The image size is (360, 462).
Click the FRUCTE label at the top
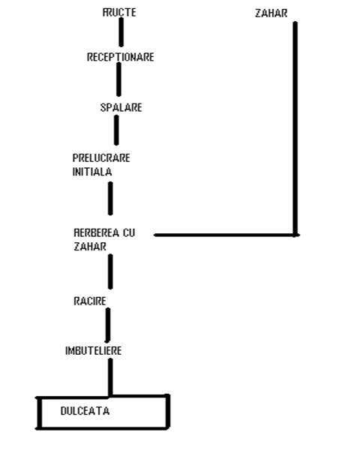click(119, 12)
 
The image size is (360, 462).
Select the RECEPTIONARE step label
click(121, 57)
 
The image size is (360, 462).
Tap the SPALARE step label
click(121, 107)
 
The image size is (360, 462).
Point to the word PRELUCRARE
click(101, 158)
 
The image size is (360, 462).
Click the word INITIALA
click(92, 172)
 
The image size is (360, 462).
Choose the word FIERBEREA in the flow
click(96, 232)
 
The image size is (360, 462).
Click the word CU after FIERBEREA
click(129, 232)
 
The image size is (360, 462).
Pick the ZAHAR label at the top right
click(271, 13)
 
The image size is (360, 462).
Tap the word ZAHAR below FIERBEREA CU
click(90, 247)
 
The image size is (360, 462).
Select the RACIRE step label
click(90, 301)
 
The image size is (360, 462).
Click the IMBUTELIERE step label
click(94, 351)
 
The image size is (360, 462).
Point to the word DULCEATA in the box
click(85, 411)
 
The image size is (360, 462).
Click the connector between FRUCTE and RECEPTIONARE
click(121, 32)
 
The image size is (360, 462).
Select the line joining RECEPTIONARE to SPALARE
click(118, 79)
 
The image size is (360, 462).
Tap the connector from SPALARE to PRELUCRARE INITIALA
click(116, 130)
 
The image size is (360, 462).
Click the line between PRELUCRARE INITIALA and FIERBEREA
click(110, 198)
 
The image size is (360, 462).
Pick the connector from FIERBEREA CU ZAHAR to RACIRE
click(110, 271)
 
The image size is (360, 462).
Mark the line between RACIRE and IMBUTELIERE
click(108, 325)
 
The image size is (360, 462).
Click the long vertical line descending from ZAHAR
click(295, 128)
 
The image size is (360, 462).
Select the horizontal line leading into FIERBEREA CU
click(226, 235)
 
